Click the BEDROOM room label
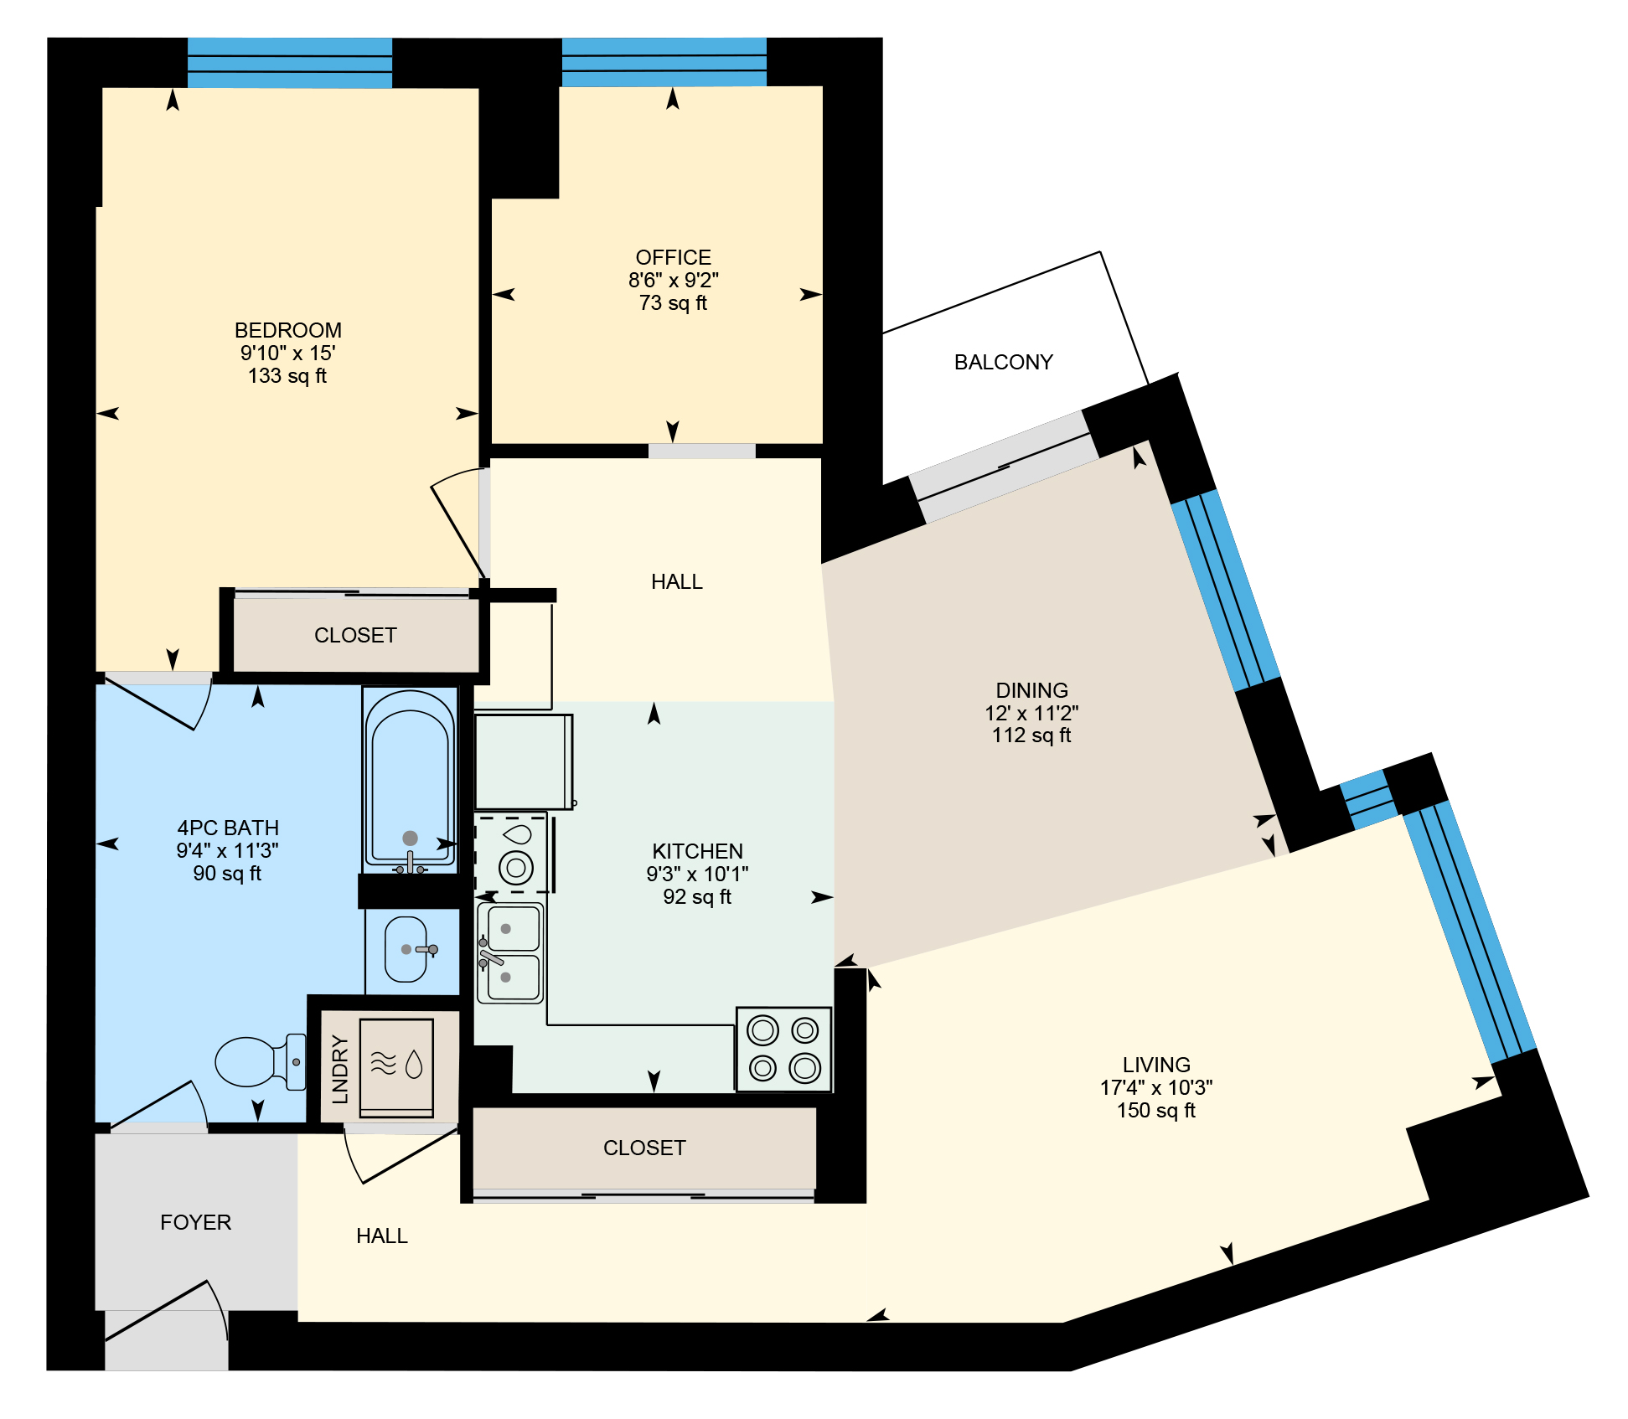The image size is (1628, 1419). [x=287, y=330]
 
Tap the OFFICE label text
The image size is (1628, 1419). [x=673, y=257]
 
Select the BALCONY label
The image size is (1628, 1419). [x=1003, y=362]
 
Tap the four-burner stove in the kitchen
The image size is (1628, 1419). [x=783, y=1050]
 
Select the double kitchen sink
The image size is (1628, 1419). [x=510, y=952]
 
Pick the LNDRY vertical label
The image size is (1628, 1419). [x=339, y=1069]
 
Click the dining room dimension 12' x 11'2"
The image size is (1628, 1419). [x=1031, y=713]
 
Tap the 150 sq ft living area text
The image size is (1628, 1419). [x=1155, y=1110]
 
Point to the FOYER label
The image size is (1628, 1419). [x=195, y=1222]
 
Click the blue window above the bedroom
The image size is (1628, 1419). [x=290, y=63]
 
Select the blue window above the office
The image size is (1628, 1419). [x=664, y=62]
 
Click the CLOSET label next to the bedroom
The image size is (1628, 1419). [x=355, y=635]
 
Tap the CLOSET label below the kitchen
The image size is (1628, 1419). [x=644, y=1148]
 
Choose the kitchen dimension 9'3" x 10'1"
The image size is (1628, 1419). [x=697, y=874]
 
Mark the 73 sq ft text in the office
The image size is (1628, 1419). [x=673, y=302]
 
